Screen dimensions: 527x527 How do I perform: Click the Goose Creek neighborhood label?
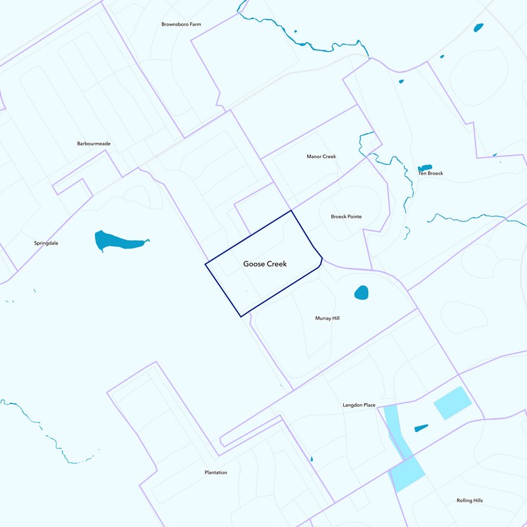coord(269,263)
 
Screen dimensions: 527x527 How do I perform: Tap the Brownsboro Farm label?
coord(181,24)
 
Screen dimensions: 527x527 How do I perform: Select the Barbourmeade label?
coord(93,143)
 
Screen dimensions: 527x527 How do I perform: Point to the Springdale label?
coord(46,243)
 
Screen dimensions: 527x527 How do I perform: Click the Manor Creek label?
coord(321,157)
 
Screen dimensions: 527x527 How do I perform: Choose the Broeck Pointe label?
coord(346,216)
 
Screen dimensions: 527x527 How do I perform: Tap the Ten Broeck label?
coord(431,173)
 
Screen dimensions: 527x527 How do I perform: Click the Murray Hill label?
coord(327,318)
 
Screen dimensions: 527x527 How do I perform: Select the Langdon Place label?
coord(358,405)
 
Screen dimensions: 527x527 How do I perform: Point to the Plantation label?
coord(216,472)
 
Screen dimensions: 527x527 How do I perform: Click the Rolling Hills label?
coord(470,501)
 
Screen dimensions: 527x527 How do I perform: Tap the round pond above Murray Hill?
coord(361,292)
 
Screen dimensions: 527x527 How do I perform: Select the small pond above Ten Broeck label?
coord(424,167)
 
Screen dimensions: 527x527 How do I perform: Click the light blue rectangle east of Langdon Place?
coord(453,402)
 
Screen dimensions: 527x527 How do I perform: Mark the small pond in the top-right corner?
coord(478,28)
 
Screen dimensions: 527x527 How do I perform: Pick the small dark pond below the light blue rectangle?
coord(421,428)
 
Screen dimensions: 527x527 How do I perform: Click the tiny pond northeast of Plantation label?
coord(312,459)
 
